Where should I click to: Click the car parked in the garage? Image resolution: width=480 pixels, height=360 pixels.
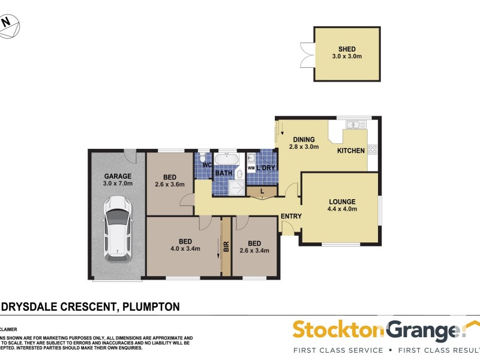(x=118, y=230)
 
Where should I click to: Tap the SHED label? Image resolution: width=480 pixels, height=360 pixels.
(x=347, y=49)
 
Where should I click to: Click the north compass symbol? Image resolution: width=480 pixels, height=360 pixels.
(x=8, y=24)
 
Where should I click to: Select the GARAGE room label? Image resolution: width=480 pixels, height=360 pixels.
(x=118, y=176)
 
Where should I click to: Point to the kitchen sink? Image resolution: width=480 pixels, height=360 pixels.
(x=355, y=125)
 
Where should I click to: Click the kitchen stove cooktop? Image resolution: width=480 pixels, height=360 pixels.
(x=373, y=149)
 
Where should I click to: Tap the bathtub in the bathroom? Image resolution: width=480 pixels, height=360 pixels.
(x=227, y=160)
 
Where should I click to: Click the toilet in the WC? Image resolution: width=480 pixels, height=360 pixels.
(x=203, y=156)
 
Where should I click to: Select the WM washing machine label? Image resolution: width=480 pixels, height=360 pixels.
(x=251, y=168)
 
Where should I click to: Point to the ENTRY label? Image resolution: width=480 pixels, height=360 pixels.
(x=290, y=217)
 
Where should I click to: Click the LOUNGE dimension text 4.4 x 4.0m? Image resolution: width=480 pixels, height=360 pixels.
(x=342, y=209)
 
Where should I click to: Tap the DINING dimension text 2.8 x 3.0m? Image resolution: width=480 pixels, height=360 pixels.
(x=304, y=146)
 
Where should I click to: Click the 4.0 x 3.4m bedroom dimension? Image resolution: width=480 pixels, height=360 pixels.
(x=185, y=248)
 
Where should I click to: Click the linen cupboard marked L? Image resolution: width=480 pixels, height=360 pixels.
(x=262, y=191)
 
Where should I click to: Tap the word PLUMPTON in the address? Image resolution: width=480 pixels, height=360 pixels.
(x=151, y=307)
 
